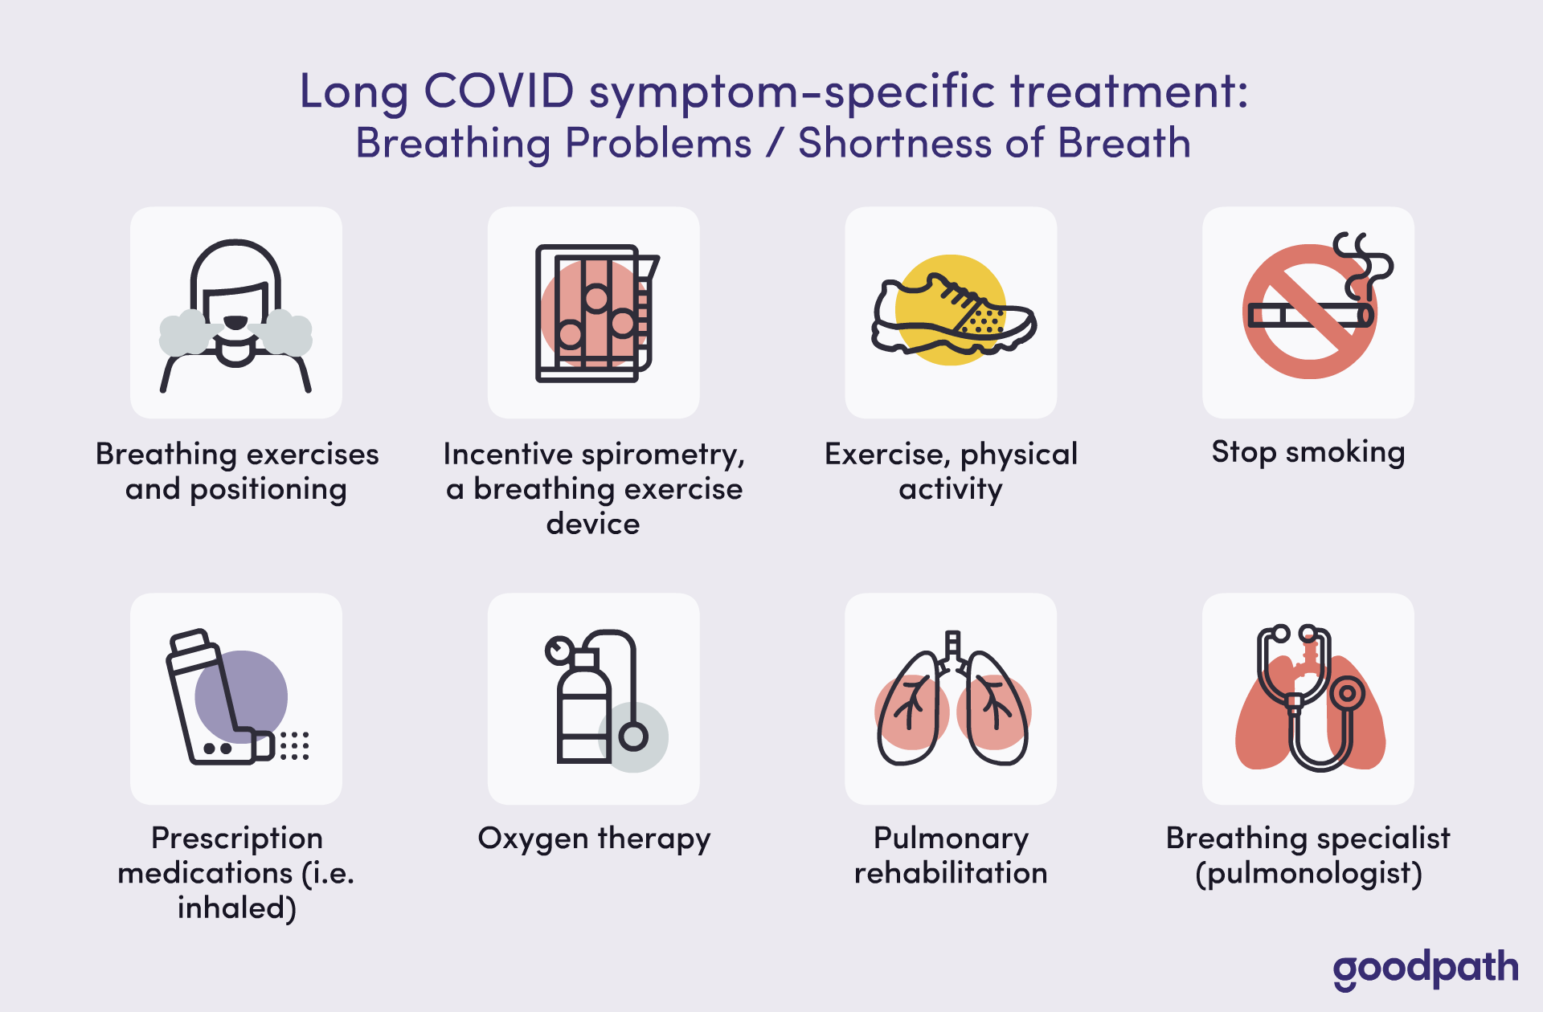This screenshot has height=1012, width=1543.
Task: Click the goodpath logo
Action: (x=1426, y=969)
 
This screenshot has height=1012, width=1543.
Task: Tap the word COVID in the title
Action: (x=498, y=90)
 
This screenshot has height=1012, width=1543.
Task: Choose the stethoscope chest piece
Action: (x=1347, y=692)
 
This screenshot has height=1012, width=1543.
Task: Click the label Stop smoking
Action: (x=1308, y=452)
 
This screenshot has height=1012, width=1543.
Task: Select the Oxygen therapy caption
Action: (x=594, y=839)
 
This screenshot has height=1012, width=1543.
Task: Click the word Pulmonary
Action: (x=951, y=839)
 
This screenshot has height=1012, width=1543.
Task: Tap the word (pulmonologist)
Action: (x=1308, y=873)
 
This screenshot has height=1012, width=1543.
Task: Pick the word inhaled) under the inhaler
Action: (x=237, y=908)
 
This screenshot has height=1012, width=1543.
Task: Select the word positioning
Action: (x=268, y=489)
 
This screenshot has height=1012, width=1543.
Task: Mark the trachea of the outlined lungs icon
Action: (x=952, y=651)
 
